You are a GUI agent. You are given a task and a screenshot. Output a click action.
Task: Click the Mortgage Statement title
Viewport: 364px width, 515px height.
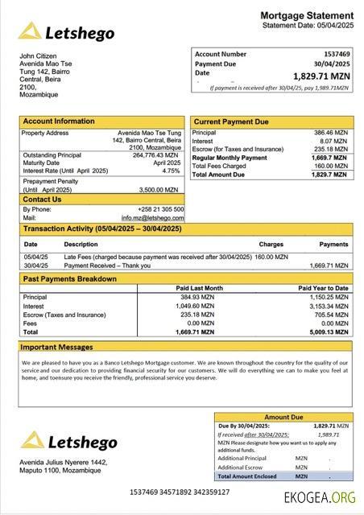(x=307, y=15)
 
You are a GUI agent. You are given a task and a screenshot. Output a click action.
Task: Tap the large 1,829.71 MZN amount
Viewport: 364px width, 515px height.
(x=321, y=76)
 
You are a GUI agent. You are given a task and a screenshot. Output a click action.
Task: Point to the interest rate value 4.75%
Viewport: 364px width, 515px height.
(x=171, y=171)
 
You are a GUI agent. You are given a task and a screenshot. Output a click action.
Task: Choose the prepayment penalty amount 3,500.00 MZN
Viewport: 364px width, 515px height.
(x=160, y=189)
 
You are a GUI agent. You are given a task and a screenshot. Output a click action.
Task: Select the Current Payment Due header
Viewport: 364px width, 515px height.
(x=231, y=122)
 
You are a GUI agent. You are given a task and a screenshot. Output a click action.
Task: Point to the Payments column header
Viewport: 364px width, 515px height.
(x=333, y=244)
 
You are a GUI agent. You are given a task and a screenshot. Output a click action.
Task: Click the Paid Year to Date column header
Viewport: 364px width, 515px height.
(x=323, y=287)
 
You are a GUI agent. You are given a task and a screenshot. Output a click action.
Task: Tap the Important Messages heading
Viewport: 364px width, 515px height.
(x=58, y=348)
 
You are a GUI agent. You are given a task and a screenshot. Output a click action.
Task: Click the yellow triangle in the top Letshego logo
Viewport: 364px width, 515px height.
(x=31, y=32)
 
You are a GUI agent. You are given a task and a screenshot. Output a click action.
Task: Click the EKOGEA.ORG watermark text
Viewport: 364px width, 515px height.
(x=319, y=497)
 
